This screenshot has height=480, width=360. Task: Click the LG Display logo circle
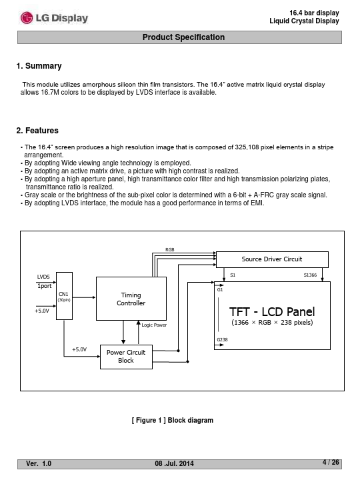click(x=27, y=18)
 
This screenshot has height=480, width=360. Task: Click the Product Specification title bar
click(x=179, y=37)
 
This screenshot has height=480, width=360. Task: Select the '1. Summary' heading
click(x=39, y=66)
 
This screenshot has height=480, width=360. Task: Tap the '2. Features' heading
click(x=37, y=131)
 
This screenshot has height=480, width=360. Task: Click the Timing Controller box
click(x=131, y=299)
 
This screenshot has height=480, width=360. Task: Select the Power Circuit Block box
click(x=126, y=357)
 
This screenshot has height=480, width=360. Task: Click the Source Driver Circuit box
click(x=272, y=259)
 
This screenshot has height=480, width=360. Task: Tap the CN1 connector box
click(x=64, y=296)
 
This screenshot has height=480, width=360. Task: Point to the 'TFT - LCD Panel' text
click(x=272, y=311)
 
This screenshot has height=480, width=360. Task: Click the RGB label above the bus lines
click(x=169, y=250)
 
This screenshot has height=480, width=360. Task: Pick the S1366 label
click(x=310, y=275)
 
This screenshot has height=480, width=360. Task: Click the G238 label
click(x=222, y=339)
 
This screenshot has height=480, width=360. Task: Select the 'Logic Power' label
click(x=154, y=325)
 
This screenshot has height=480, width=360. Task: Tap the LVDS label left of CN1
click(x=43, y=277)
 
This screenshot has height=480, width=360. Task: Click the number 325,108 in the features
click(x=247, y=147)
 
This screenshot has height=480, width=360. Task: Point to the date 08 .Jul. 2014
click(x=174, y=463)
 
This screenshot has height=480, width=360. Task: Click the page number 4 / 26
click(x=331, y=462)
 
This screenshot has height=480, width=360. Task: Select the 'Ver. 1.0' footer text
click(x=39, y=463)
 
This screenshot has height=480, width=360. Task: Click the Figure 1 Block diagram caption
click(x=173, y=420)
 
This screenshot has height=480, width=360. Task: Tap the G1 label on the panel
click(x=220, y=289)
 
